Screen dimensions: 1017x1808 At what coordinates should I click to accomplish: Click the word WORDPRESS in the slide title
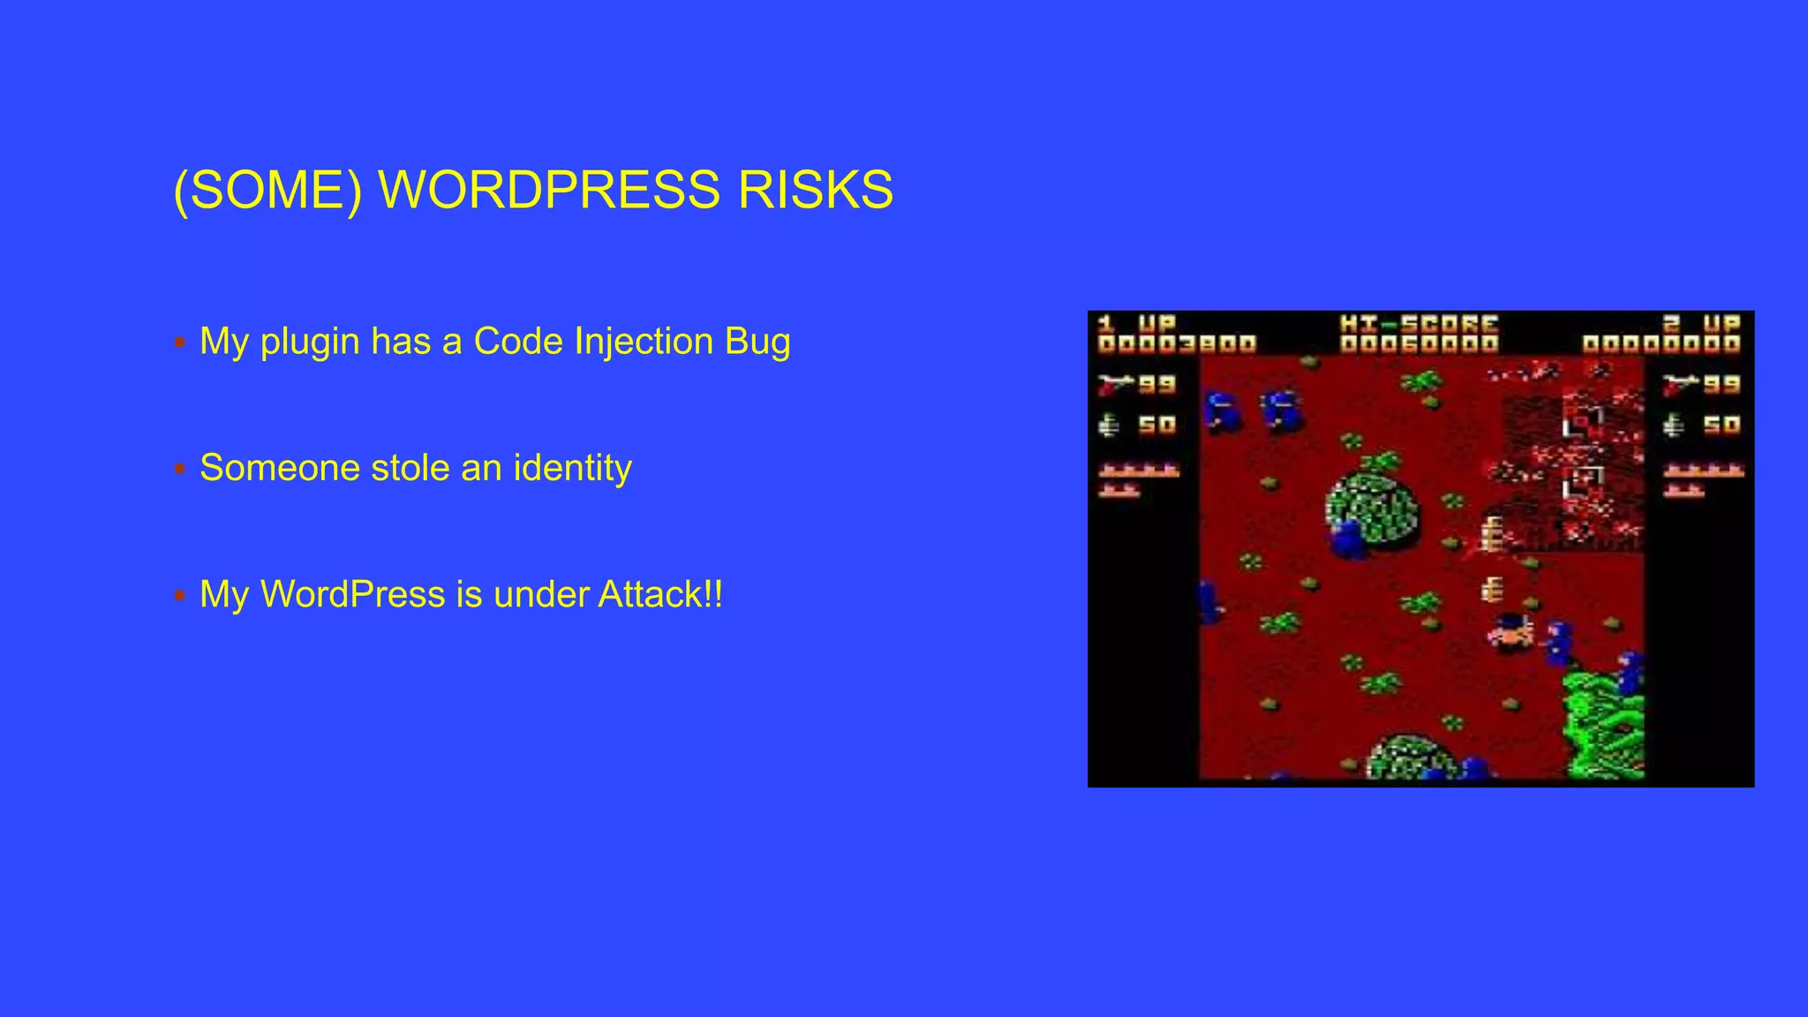[x=548, y=190]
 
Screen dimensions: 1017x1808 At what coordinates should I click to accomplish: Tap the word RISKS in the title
[x=815, y=190]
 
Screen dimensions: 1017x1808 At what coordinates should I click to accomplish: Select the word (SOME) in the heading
[x=267, y=190]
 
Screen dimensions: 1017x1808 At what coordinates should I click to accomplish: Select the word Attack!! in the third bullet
[x=660, y=594]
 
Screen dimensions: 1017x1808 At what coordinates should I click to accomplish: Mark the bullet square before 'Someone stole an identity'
[x=180, y=469]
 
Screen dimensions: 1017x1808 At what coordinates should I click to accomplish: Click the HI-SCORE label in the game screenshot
[x=1419, y=324]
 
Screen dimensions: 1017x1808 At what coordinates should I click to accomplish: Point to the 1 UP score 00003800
[x=1177, y=344]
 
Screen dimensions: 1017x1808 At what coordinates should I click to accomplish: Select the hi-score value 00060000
[x=1419, y=344]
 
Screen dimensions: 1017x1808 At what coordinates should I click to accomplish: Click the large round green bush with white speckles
[x=1374, y=509]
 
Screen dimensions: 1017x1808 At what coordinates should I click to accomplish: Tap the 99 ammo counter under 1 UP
[x=1156, y=385]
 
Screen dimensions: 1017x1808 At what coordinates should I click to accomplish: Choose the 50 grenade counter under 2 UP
[x=1721, y=426]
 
